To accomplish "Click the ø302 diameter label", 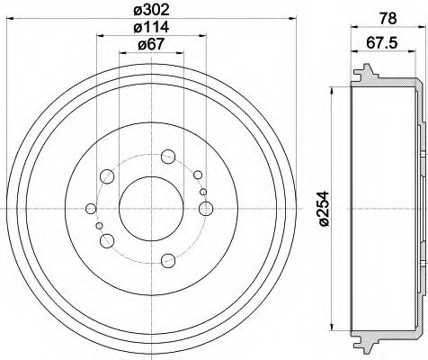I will (151, 12).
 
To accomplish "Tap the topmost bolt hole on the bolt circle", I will (168, 157).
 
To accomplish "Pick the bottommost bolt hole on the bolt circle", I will (168, 262).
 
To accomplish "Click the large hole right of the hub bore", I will (206, 209).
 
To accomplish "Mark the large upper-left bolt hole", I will (108, 175).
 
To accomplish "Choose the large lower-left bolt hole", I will (108, 239).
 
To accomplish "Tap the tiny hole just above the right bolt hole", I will (203, 192).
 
